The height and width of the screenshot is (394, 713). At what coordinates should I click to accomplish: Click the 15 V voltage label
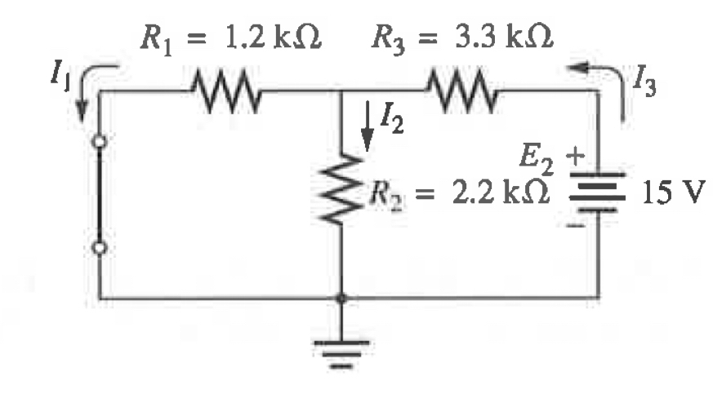tap(670, 196)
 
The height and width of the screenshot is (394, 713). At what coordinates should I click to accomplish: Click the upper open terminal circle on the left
tap(100, 142)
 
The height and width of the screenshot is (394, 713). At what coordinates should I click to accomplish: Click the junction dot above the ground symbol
tap(341, 299)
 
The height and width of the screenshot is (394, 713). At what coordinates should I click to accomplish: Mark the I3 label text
tap(648, 79)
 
